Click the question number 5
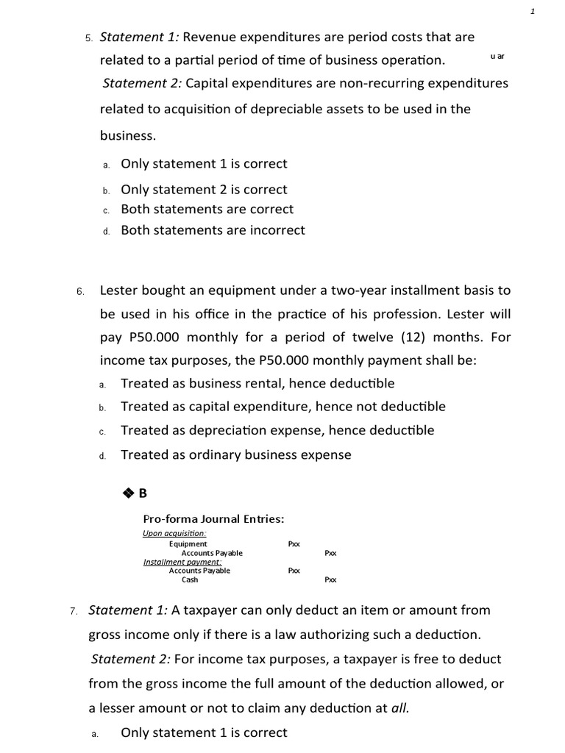tap(88, 38)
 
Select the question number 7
tap(74, 611)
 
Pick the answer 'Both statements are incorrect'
tap(213, 230)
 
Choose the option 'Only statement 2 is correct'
tap(204, 189)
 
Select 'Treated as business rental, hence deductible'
tap(257, 383)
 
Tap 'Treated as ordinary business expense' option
tap(235, 454)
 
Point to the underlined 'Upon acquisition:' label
tap(174, 533)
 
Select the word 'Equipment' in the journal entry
tap(188, 543)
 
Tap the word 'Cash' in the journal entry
tap(190, 579)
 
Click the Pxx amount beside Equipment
tap(294, 543)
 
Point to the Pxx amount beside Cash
tap(330, 579)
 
